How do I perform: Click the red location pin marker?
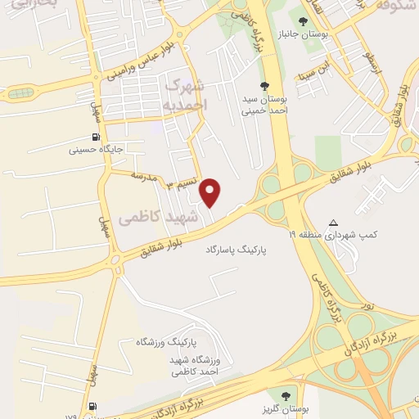tap(212, 191)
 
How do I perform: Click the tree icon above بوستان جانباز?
tap(304, 21)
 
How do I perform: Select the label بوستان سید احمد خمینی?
tap(264, 105)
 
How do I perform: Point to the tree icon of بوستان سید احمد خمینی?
tap(264, 85)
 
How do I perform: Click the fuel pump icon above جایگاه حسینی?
tap(97, 137)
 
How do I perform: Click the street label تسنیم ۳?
tap(182, 184)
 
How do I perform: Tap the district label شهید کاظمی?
tap(158, 218)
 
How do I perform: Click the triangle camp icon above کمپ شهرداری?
tap(333, 223)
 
